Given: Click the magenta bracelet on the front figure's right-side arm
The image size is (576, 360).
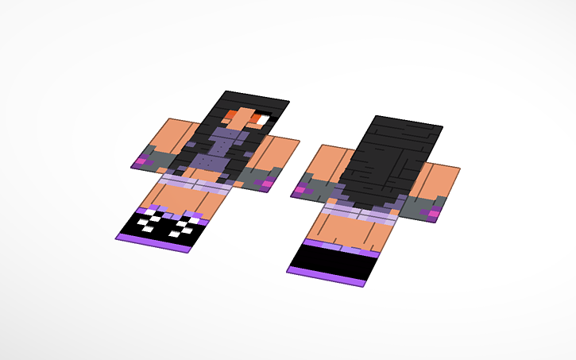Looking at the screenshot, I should tap(268, 184).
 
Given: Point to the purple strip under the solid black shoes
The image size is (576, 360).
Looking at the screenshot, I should tap(326, 277).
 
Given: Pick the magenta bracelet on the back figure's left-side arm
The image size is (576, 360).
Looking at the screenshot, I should tap(303, 190).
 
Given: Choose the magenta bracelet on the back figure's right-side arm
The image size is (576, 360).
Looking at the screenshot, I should tap(434, 213).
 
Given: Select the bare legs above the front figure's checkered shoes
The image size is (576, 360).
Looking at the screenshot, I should tap(175, 199).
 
